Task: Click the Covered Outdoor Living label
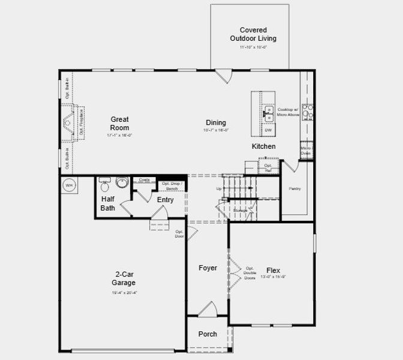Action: click(x=253, y=34)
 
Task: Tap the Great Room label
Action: click(x=119, y=124)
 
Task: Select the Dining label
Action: click(x=216, y=122)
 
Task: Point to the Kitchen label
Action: click(x=263, y=146)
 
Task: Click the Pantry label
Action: click(x=294, y=189)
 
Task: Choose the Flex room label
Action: click(x=273, y=271)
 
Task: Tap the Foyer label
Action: click(x=207, y=268)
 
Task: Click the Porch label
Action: click(x=207, y=334)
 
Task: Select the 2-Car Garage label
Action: click(x=125, y=278)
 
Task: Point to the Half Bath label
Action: click(x=108, y=203)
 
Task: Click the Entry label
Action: click(x=165, y=200)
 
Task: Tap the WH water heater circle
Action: click(x=68, y=185)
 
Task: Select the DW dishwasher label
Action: click(x=268, y=130)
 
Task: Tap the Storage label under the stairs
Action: click(x=240, y=211)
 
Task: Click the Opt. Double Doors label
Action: click(x=249, y=272)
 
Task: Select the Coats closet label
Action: click(x=144, y=179)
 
